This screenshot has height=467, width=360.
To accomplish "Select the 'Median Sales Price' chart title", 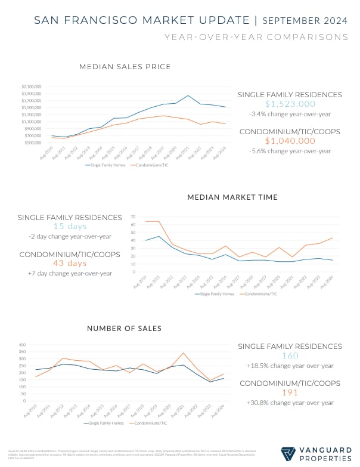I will [125, 66].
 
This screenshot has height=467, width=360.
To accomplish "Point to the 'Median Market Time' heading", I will [232, 197].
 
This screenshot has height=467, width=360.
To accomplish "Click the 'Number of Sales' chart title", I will [125, 328].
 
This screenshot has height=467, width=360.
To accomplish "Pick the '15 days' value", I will [70, 226].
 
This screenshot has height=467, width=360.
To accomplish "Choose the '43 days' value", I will [70, 263].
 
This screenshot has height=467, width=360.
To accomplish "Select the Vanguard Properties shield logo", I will [288, 454].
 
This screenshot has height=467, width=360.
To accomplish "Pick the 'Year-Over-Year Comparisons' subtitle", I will [256, 37].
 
